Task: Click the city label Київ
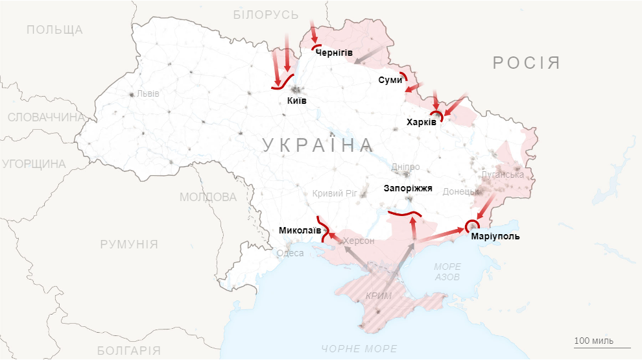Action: (x=296, y=101)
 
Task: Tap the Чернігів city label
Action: (x=334, y=53)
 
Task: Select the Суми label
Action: (x=390, y=80)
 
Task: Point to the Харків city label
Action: (x=422, y=121)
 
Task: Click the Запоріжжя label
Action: (x=408, y=189)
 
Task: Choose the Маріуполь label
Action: (x=495, y=236)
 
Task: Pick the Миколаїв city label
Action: (x=299, y=230)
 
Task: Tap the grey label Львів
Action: (x=148, y=93)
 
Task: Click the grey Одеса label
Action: (x=290, y=253)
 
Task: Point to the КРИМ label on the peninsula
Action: (x=379, y=296)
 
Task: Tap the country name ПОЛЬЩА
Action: (x=54, y=30)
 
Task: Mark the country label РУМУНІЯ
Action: (x=129, y=244)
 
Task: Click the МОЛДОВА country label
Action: (x=208, y=197)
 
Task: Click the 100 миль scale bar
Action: (x=593, y=344)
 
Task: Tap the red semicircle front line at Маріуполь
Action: (x=472, y=224)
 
